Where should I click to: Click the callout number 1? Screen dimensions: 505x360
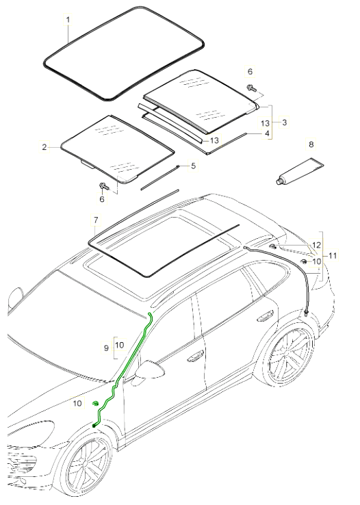(68, 21)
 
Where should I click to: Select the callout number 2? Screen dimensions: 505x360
(44, 146)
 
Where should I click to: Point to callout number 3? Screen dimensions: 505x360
(284, 121)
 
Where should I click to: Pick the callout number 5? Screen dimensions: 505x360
(193, 166)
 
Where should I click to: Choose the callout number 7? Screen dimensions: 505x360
(96, 221)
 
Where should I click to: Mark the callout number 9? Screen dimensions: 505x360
(106, 348)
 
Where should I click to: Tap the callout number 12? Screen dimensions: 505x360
(316, 244)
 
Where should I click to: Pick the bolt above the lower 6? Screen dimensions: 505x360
(103, 186)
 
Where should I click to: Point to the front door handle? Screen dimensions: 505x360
(196, 356)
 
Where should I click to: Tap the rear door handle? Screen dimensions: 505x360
(262, 315)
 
